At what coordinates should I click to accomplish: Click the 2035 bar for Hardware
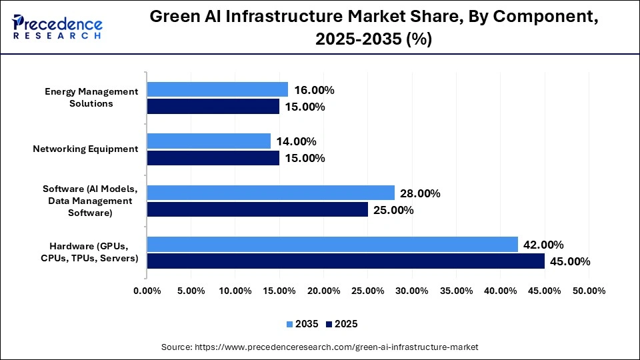click(x=332, y=245)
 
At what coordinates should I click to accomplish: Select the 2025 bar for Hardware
click(x=345, y=261)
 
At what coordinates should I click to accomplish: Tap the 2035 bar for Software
click(x=271, y=193)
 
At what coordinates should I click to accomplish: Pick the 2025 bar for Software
click(x=257, y=210)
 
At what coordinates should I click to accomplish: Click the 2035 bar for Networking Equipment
click(x=209, y=141)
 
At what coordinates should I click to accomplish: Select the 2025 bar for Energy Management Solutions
click(x=213, y=107)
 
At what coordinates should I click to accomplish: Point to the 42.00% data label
click(x=543, y=245)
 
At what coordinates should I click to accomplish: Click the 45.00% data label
click(x=570, y=261)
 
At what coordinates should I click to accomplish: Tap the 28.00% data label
click(x=420, y=193)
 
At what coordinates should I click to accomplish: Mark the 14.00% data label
click(x=296, y=141)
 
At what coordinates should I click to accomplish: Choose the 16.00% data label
click(x=314, y=90)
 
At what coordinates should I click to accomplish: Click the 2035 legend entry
click(x=304, y=324)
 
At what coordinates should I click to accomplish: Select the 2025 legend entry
click(x=342, y=324)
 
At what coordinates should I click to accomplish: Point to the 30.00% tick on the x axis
click(x=412, y=291)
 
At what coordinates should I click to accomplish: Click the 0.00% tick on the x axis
click(x=147, y=291)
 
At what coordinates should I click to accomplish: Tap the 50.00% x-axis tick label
click(x=589, y=291)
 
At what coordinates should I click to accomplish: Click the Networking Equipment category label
click(x=85, y=149)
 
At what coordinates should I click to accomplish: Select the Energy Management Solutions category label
click(x=92, y=97)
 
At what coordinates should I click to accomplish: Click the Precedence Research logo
click(x=57, y=27)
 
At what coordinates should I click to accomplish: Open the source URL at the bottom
click(x=320, y=347)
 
